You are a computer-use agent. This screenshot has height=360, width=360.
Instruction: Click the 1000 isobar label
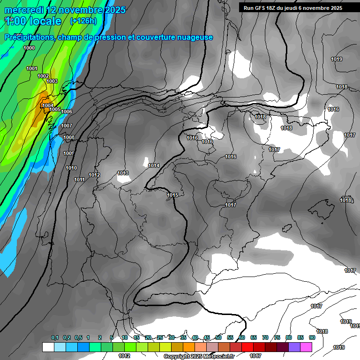29,48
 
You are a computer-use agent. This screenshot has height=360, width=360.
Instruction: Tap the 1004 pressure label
48,105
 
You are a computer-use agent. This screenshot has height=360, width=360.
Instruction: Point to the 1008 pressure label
69,137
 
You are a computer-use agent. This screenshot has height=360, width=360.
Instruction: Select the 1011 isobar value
79,180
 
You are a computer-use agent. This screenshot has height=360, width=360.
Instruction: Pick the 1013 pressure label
123,173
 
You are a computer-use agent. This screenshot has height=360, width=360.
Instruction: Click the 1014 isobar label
154,165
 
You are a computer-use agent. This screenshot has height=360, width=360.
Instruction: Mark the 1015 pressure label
172,195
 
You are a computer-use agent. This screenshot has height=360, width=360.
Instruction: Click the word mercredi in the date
23,10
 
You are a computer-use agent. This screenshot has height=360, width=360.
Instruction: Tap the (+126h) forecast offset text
83,21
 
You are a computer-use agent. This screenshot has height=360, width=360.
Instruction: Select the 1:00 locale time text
33,21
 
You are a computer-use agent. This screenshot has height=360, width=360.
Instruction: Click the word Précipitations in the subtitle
29,37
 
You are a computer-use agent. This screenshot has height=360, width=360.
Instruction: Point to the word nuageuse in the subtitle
194,37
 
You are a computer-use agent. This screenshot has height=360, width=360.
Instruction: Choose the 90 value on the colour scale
312,338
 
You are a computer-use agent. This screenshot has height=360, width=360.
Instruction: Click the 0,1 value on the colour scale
55,338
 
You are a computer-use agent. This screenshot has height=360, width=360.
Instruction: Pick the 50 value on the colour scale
218,338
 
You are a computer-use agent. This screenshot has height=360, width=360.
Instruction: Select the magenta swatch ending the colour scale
306,347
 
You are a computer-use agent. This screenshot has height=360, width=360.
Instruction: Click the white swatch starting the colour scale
48,347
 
